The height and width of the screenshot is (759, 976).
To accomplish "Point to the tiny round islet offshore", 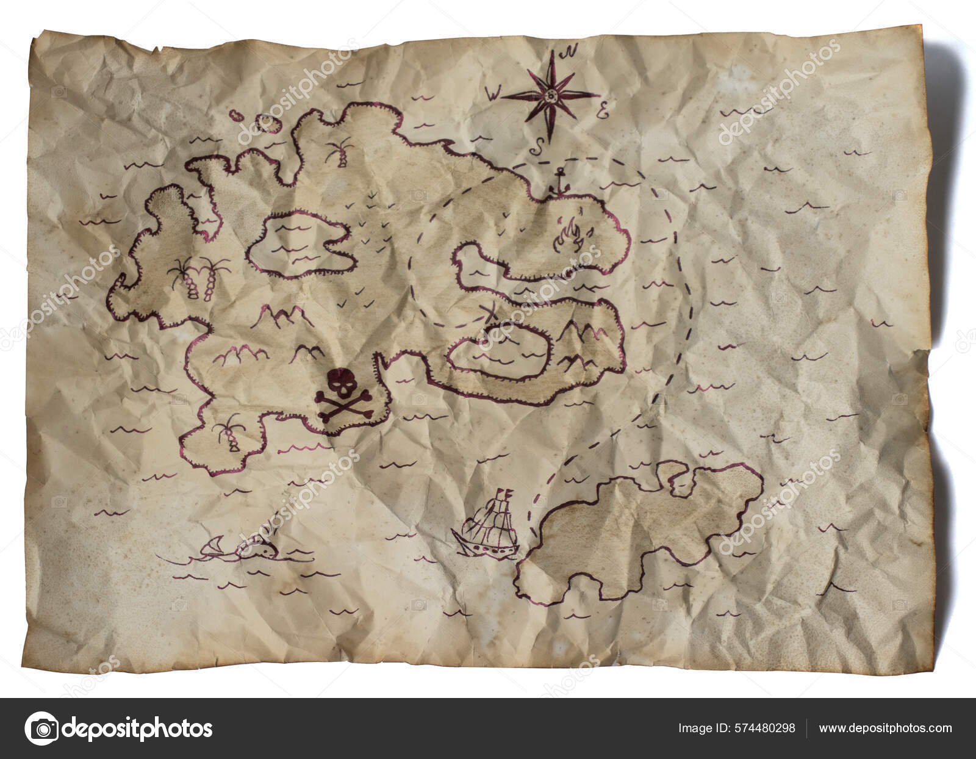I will tap(272, 123).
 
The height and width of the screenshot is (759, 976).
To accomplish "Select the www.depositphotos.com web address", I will tap(885, 728).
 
